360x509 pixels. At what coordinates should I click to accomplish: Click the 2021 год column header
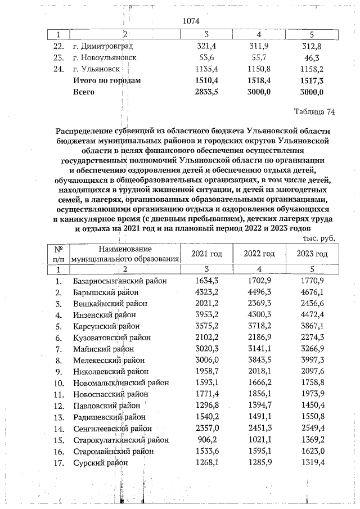(206, 254)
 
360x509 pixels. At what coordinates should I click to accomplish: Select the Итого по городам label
(107, 80)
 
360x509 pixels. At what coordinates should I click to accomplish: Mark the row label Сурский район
(100, 462)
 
